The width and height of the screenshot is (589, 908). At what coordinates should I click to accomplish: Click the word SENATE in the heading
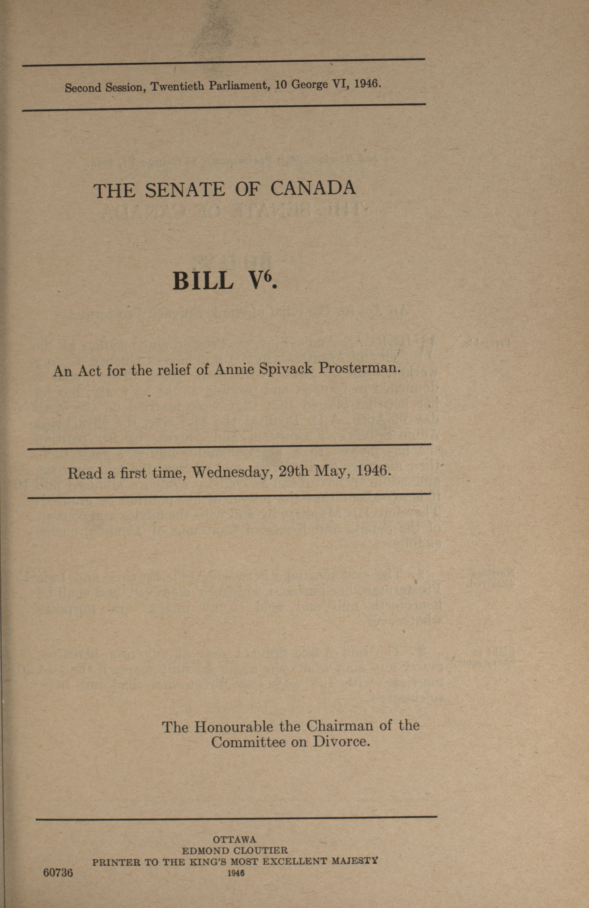(x=185, y=190)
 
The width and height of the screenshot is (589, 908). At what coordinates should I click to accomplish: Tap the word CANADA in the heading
(x=313, y=188)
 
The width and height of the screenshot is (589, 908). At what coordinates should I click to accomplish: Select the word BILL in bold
(x=203, y=281)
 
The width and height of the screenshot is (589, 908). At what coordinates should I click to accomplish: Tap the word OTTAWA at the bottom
(x=235, y=839)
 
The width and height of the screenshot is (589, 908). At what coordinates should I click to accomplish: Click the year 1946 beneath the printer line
(x=236, y=872)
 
